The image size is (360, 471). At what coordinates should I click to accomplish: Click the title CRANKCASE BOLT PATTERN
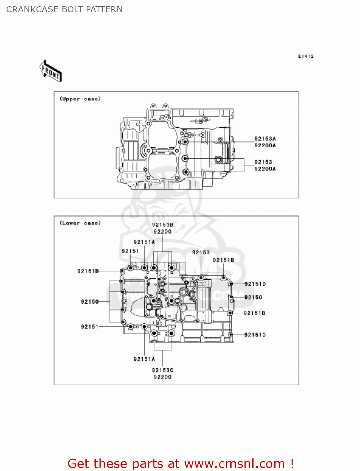point(64,9)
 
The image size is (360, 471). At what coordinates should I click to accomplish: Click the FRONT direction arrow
point(51,71)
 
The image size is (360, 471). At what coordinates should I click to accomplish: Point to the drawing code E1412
point(306,56)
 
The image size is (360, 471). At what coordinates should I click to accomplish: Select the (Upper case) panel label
point(80,99)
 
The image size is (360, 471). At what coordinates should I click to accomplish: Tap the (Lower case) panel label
point(80,223)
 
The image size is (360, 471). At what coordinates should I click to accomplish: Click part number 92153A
point(265,138)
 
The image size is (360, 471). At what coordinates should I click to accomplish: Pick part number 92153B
point(163,225)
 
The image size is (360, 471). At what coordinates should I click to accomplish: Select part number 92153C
point(163,370)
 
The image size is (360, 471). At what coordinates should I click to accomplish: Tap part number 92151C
point(255,335)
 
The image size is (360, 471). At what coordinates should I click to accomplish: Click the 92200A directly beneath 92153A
point(265,145)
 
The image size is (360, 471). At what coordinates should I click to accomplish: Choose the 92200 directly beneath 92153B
point(163,232)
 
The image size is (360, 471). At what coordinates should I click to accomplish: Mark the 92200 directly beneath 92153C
point(163,377)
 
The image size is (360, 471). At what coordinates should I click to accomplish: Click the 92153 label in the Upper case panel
point(263,162)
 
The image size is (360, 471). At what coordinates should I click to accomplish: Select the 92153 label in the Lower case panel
point(201,252)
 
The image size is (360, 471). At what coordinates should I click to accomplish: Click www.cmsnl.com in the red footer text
point(234,464)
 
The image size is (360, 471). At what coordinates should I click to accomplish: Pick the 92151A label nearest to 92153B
point(144,242)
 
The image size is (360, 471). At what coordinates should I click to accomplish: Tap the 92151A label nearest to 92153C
point(144,359)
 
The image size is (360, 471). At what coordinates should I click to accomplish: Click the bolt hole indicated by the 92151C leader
point(231,335)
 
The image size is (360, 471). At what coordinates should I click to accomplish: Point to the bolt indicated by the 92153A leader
point(185,142)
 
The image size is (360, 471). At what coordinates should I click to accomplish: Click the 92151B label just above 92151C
point(254,313)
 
